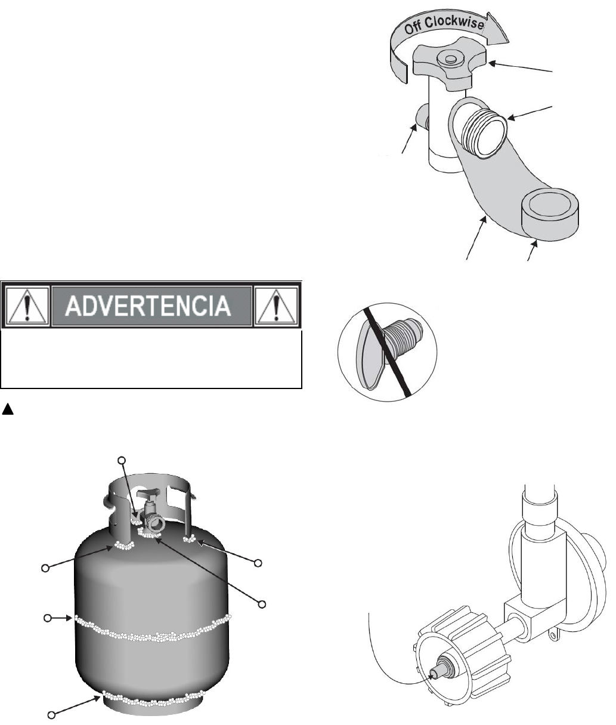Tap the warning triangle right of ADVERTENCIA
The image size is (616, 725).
276,306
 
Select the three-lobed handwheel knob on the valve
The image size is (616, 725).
449,63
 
